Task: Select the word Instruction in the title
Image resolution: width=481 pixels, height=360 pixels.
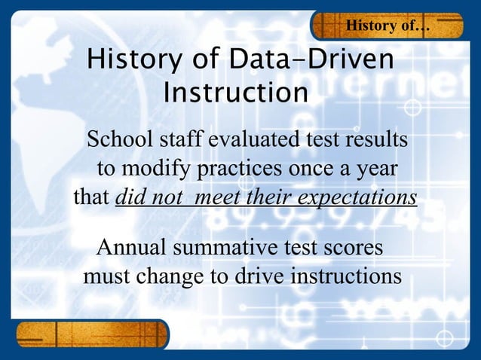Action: pyautogui.click(x=235, y=93)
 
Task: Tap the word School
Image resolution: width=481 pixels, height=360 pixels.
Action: pyautogui.click(x=119, y=140)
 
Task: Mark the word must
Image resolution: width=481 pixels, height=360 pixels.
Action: pyautogui.click(x=107, y=276)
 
